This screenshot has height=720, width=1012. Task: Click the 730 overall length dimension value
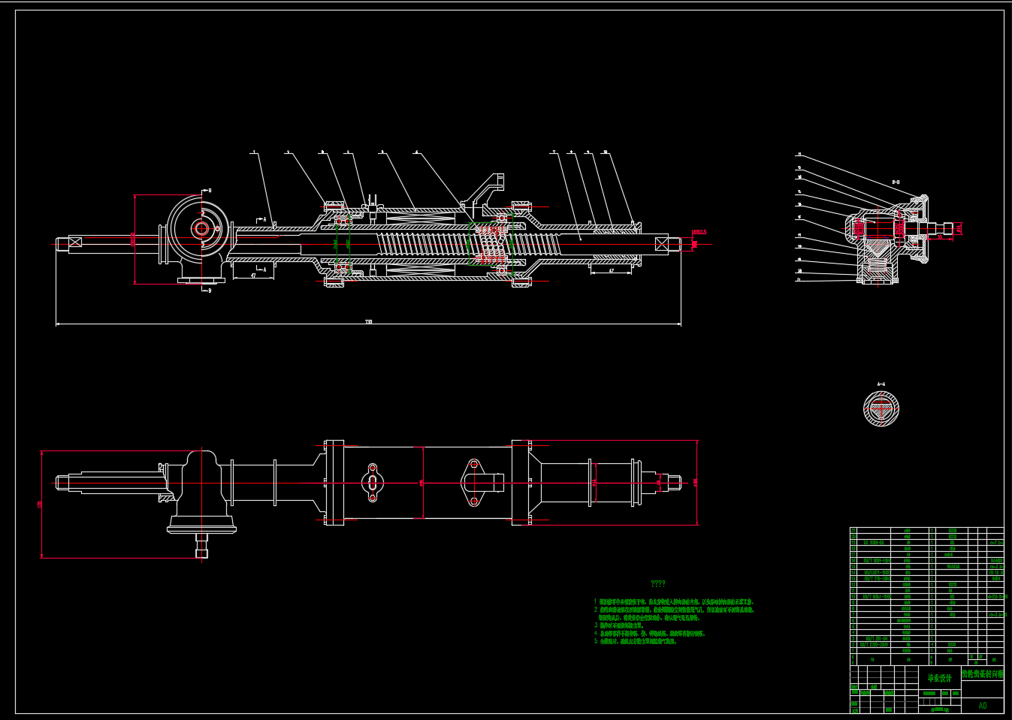(368, 322)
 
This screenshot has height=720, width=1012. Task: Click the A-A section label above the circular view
(881, 384)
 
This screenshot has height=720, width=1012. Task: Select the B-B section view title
(896, 182)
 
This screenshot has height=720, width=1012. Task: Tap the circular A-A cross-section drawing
(881, 409)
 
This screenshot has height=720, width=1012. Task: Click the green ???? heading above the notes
(657, 583)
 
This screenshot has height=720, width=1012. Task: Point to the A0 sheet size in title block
(983, 706)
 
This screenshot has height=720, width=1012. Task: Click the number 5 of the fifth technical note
(596, 641)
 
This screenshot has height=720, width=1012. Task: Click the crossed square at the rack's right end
(661, 243)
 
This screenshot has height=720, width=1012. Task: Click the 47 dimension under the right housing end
(611, 271)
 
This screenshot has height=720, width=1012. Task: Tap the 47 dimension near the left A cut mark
(253, 276)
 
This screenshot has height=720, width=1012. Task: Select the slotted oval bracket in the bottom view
(373, 482)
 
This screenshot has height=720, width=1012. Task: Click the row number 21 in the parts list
(853, 531)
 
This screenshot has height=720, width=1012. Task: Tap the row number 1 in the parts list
(853, 651)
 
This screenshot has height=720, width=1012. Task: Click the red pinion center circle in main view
(201, 229)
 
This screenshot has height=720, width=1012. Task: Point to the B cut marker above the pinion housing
(209, 191)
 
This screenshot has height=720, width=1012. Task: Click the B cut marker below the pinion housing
(209, 291)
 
